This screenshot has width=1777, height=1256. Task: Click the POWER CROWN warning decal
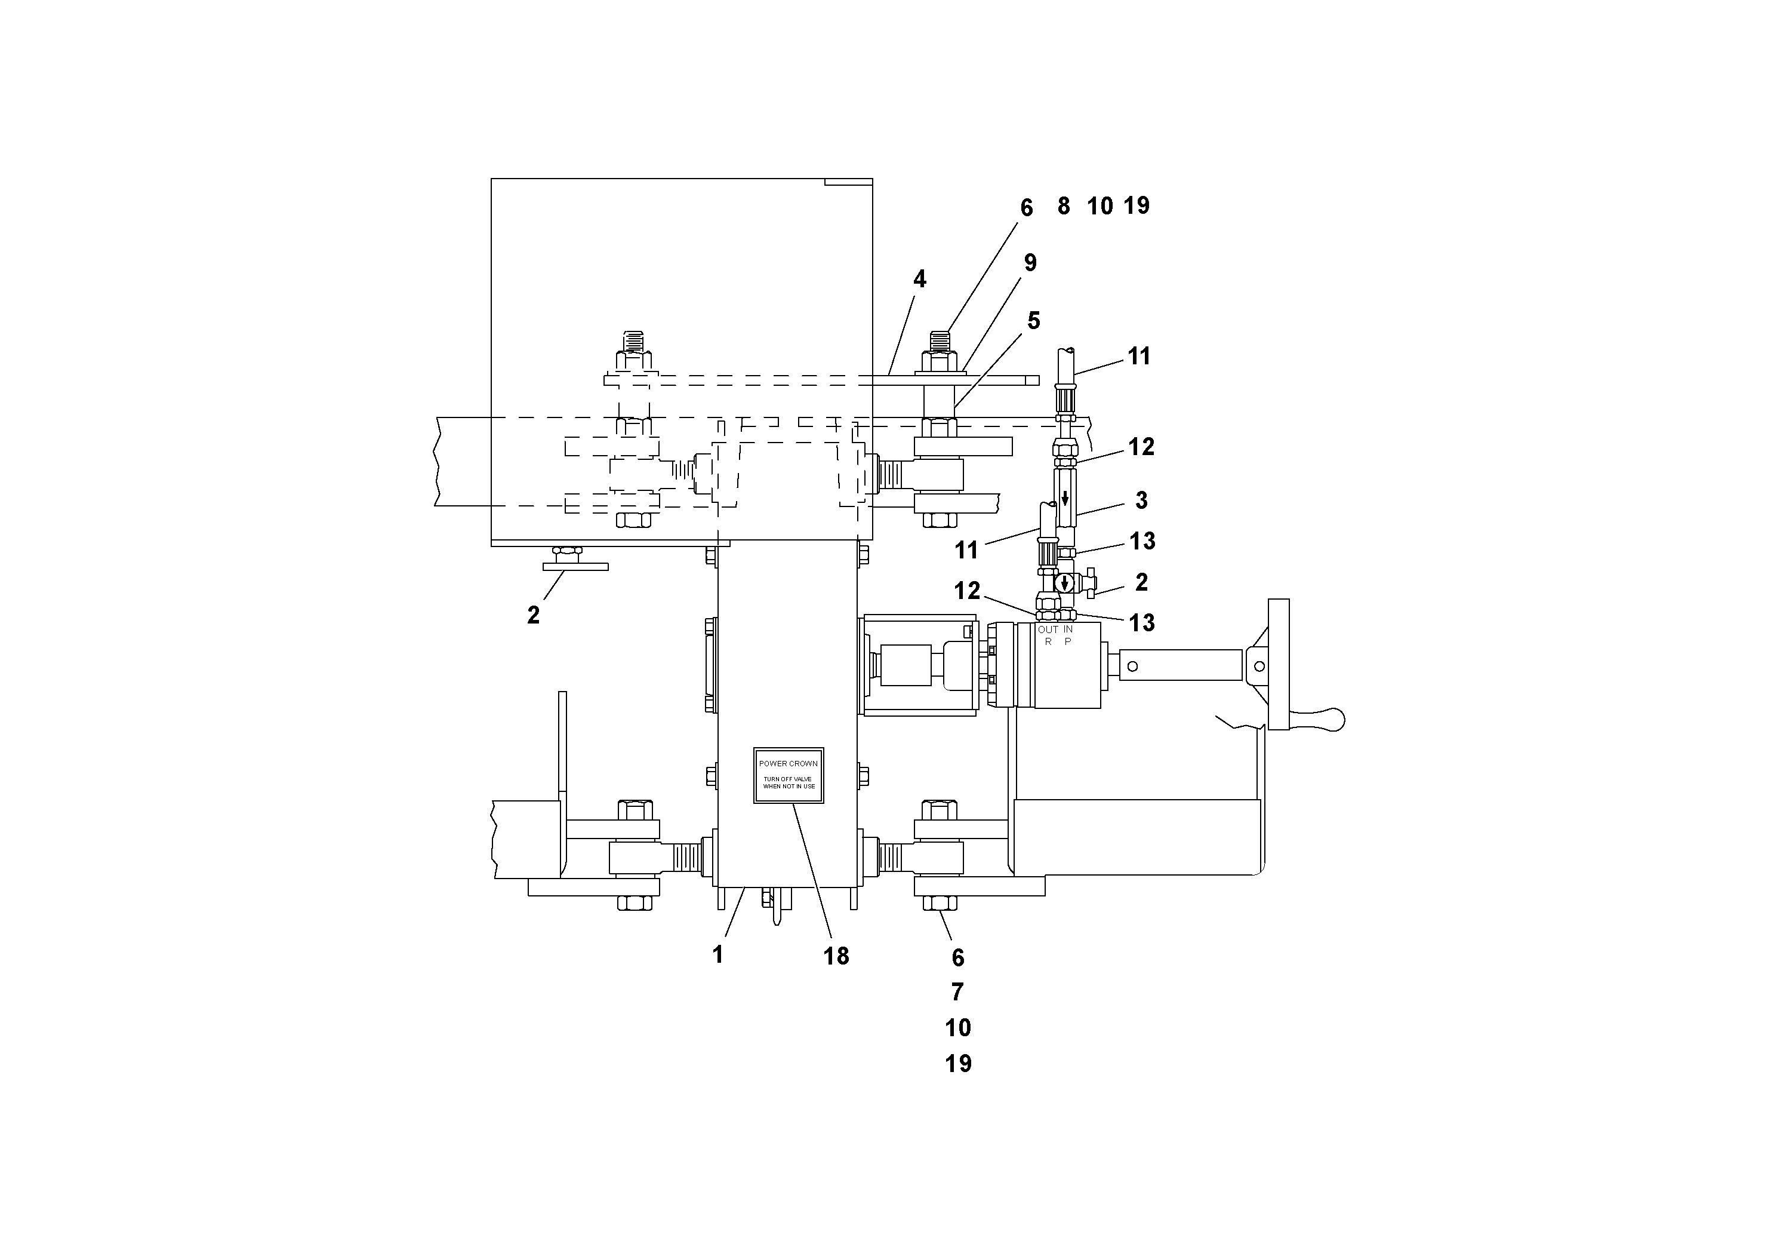click(788, 775)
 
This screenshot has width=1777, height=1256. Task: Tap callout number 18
click(836, 956)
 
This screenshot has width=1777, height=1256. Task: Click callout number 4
click(919, 280)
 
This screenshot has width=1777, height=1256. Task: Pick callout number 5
click(1033, 321)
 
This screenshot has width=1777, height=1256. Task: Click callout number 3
click(1141, 501)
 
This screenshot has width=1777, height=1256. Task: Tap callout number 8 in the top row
click(1064, 206)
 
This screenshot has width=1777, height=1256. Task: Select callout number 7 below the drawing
click(957, 992)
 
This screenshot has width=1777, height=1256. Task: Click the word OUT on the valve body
click(1048, 629)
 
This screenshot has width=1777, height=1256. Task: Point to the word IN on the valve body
click(1068, 629)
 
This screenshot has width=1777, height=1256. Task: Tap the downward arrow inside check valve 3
click(1065, 498)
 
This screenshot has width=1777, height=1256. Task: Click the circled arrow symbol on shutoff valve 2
click(1065, 582)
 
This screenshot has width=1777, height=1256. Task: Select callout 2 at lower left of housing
click(532, 616)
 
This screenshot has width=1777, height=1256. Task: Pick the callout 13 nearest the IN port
click(1141, 622)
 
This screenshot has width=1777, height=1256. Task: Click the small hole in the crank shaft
click(1132, 665)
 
